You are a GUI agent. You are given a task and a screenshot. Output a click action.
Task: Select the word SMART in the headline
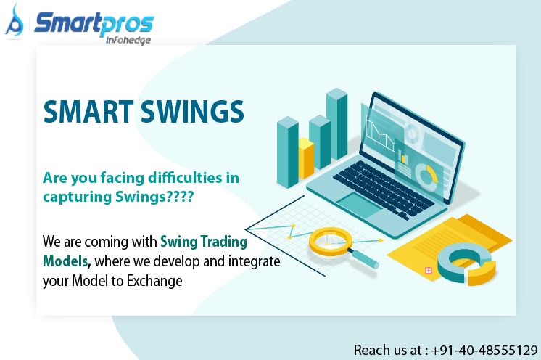(x=89, y=111)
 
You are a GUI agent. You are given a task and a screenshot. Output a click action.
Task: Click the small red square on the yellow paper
(x=428, y=270)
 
